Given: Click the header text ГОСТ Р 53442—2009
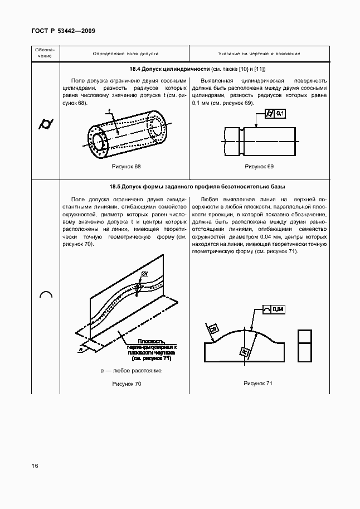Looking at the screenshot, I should [x=63, y=31].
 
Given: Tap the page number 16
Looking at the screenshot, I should [x=35, y=466].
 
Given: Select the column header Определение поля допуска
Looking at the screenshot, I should [x=125, y=54].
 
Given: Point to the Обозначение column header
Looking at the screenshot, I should [x=46, y=54].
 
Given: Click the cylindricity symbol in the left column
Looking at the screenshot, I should [x=46, y=124].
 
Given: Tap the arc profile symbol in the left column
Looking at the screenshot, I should [x=46, y=295].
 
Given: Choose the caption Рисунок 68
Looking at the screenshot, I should [x=126, y=167].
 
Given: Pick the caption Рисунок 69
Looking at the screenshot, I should [x=259, y=167].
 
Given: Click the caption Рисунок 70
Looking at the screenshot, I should [x=127, y=384].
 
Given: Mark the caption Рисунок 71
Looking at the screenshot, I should [x=257, y=384].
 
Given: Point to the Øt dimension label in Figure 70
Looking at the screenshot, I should [x=144, y=273].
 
